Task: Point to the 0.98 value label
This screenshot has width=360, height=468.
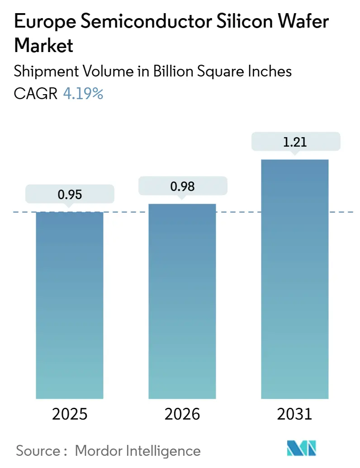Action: pos(182,186)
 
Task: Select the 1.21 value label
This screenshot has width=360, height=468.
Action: pos(295,142)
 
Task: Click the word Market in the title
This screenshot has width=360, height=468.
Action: pos(43,46)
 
